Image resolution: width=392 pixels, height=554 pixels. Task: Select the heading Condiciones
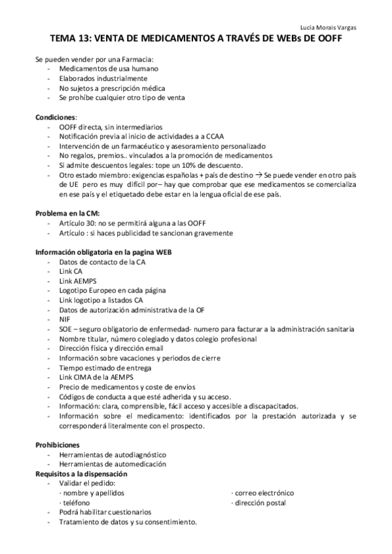(56, 116)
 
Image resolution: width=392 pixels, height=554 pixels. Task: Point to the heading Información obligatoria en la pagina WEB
(103, 252)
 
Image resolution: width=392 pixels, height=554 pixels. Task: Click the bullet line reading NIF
(65, 319)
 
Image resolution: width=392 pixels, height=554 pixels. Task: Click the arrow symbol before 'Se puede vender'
(260, 175)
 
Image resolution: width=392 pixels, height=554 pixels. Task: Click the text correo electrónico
(264, 493)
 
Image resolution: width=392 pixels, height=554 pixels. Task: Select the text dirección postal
(260, 502)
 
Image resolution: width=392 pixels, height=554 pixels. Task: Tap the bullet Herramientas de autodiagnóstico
(112, 454)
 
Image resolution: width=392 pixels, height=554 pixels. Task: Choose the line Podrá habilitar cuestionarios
(105, 512)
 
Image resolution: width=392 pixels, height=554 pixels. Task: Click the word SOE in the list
(65, 329)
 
